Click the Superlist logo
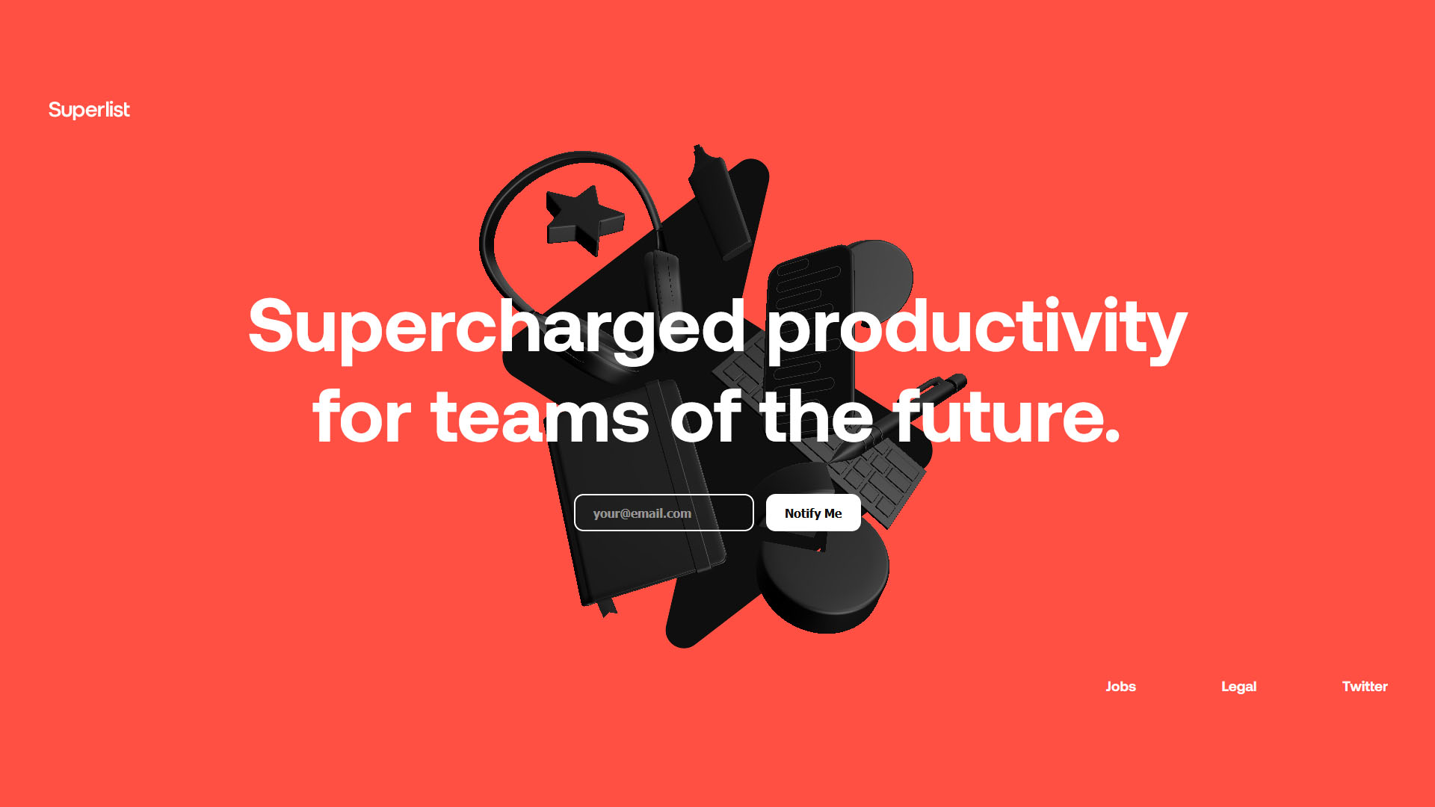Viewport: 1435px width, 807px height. [x=89, y=110]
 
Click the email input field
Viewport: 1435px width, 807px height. [x=664, y=513]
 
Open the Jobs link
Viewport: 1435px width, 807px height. [x=1120, y=687]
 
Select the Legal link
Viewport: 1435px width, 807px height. [x=1238, y=687]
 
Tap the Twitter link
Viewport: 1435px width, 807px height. [x=1365, y=687]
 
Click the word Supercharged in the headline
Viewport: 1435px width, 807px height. [x=497, y=327]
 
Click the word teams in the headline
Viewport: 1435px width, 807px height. [x=540, y=417]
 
